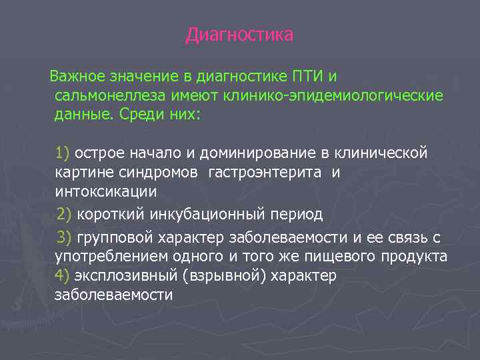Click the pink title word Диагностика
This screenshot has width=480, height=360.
239,35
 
